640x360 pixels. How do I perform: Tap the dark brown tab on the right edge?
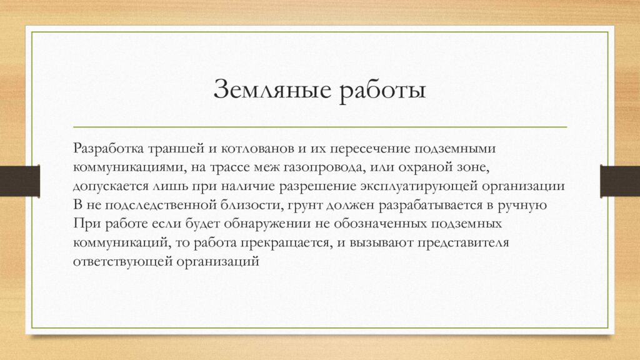[619, 181]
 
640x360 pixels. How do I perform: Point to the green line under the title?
[320, 127]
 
